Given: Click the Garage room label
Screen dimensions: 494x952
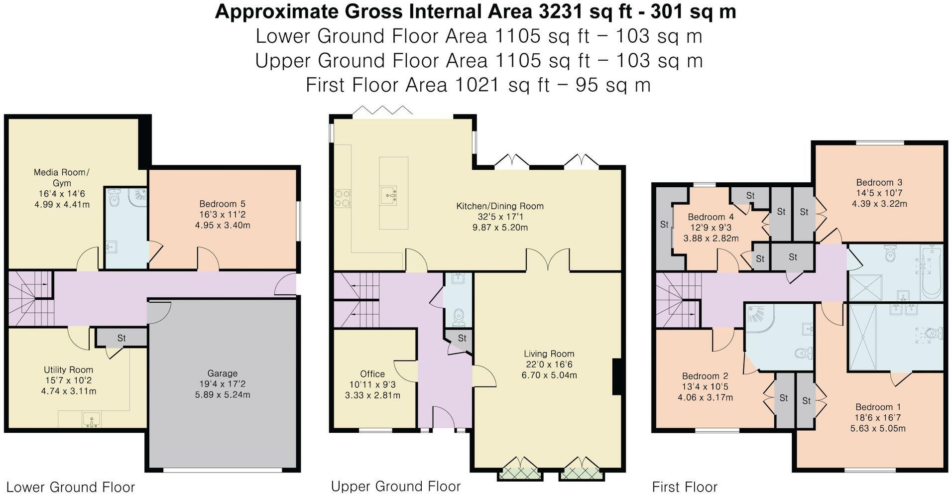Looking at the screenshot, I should [222, 373].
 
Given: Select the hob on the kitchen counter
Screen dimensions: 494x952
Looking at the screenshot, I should [343, 198].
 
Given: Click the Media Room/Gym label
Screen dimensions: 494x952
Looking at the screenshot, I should [61, 177].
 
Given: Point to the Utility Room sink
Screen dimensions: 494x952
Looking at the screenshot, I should [92, 419].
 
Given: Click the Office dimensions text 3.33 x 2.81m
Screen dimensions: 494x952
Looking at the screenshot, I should [372, 395].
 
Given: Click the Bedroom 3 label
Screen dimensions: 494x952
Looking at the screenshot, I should [879, 182].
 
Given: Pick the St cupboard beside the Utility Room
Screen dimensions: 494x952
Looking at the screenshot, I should [121, 338].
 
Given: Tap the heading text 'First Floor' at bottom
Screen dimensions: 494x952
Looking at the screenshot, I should [684, 487].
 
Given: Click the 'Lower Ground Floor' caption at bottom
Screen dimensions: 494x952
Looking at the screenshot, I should [70, 487].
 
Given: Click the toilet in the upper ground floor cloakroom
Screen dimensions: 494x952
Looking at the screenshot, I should [458, 316].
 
